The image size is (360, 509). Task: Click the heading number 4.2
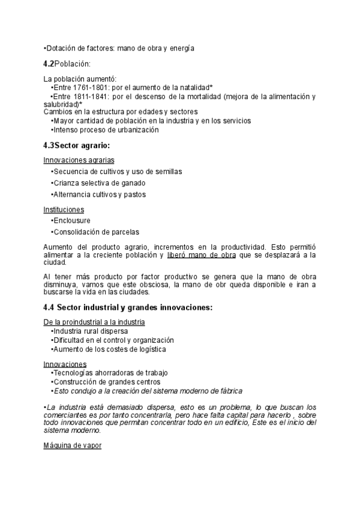[49, 64]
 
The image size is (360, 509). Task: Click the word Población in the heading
[72, 64]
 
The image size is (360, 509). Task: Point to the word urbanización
[138, 129]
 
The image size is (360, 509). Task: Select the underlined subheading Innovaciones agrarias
[79, 160]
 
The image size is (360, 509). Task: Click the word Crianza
[66, 183]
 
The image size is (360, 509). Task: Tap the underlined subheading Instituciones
[64, 209]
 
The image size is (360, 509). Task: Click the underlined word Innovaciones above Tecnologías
[65, 364]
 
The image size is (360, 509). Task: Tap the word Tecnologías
[75, 373]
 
